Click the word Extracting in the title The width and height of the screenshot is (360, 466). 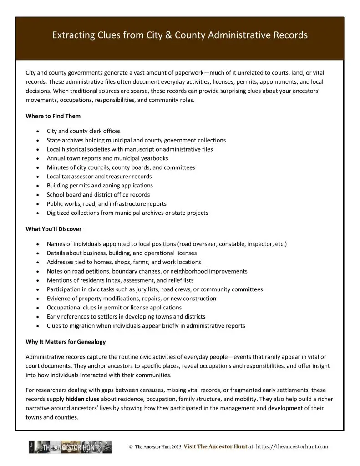71,35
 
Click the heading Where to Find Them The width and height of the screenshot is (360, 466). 53,116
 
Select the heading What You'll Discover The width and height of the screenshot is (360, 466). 53,229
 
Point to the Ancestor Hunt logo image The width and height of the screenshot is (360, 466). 70,447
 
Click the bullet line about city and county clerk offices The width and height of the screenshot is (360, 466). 83,131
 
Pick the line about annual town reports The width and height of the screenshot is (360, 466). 107,158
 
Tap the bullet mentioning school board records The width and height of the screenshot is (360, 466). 98,195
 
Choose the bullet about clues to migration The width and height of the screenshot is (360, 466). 146,326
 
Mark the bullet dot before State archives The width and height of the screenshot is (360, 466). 37,140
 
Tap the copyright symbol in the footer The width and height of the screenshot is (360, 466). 131,447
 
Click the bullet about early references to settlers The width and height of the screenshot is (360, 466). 126,317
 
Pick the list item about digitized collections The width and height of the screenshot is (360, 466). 127,213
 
